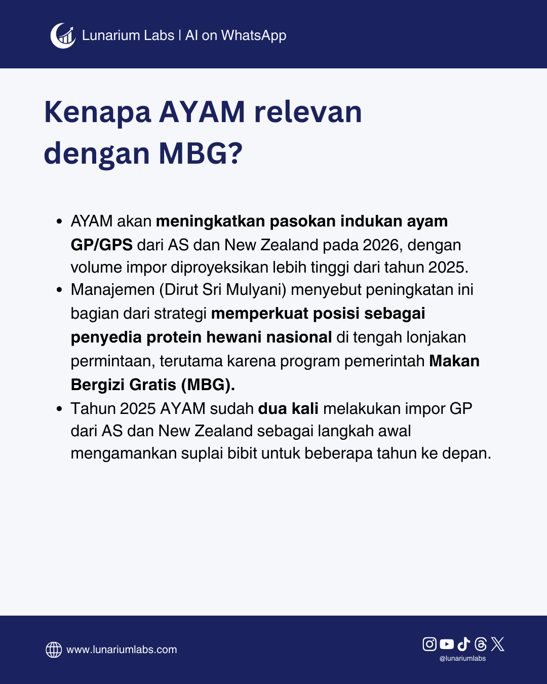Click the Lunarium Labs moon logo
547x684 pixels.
pyautogui.click(x=63, y=35)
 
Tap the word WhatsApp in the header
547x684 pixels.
pyautogui.click(x=253, y=35)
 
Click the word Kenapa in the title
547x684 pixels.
pyautogui.click(x=97, y=112)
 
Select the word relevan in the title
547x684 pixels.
pyautogui.click(x=308, y=112)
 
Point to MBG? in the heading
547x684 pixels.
pyautogui.click(x=201, y=154)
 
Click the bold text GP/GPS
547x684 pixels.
pyautogui.click(x=102, y=245)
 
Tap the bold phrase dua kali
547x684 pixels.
pyautogui.click(x=288, y=409)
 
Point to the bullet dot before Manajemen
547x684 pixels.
pyautogui.click(x=59, y=290)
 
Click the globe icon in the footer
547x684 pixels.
pyautogui.click(x=54, y=650)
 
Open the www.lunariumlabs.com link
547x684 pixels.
pyautogui.click(x=122, y=650)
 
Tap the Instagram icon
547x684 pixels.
pyautogui.click(x=429, y=644)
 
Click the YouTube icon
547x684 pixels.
pyautogui.click(x=447, y=644)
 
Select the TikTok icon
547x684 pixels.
pyautogui.click(x=464, y=644)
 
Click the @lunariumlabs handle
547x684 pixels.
pyautogui.click(x=462, y=658)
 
